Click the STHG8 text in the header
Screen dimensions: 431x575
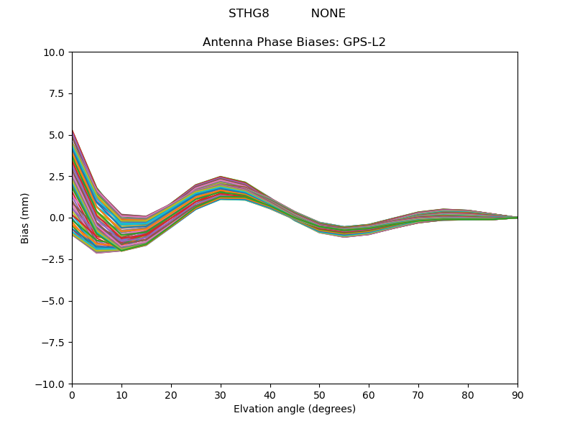tap(249, 14)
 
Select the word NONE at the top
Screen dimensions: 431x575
tap(328, 14)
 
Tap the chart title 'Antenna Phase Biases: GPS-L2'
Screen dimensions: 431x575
tap(294, 42)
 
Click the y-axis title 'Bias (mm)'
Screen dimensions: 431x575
tap(25, 218)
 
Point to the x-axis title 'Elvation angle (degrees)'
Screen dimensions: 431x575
tap(294, 409)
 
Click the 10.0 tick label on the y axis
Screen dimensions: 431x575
tap(56, 52)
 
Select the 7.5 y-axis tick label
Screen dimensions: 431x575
tap(59, 93)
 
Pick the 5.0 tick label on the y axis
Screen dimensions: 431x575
tap(59, 135)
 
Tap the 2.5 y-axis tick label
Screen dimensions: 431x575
tap(59, 177)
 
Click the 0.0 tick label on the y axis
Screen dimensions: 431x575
tap(59, 218)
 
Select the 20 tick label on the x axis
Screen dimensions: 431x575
tap(171, 395)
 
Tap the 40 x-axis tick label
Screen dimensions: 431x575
tap(270, 395)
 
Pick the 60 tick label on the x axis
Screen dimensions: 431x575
tap(369, 395)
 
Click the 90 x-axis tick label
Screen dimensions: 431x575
tap(517, 395)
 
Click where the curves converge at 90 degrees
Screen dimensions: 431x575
tap(517, 218)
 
